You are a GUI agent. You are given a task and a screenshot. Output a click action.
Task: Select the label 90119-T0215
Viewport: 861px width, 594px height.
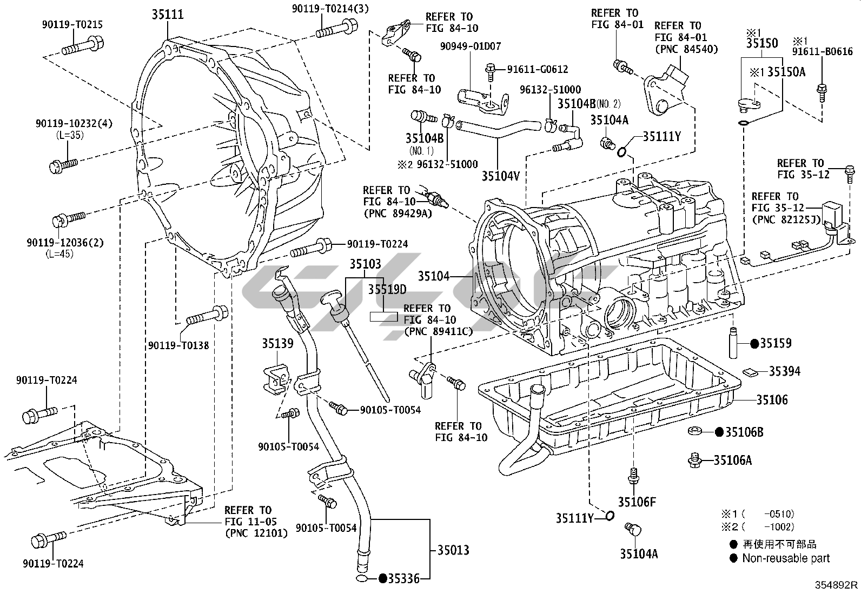[72, 24]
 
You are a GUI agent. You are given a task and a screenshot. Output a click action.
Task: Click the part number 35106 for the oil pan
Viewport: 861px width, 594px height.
[772, 400]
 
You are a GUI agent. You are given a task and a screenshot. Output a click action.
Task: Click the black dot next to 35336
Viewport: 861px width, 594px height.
[382, 579]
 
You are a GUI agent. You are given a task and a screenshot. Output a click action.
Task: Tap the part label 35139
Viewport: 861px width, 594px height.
[277, 343]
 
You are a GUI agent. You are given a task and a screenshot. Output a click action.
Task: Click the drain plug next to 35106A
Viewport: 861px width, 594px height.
[694, 460]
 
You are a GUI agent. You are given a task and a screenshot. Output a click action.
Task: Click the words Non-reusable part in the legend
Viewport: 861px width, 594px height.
[785, 558]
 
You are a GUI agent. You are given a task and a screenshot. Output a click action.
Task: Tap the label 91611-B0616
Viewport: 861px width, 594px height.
[823, 52]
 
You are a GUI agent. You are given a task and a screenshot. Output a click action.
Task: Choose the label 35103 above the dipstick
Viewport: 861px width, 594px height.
[365, 264]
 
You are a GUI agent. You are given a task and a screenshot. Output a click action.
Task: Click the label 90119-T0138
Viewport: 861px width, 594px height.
[178, 345]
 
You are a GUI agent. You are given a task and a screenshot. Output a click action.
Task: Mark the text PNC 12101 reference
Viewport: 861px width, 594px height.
[256, 533]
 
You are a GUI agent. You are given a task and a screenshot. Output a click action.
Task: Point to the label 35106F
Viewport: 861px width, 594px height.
[637, 502]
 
